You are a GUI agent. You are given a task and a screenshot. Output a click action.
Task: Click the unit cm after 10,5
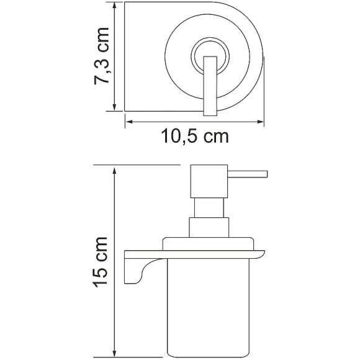pos(214,136)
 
